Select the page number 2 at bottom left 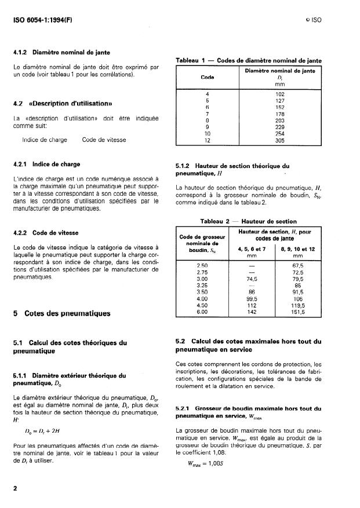[x=15, y=488]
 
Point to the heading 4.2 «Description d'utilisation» [x=63, y=104]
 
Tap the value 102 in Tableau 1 [x=280, y=94]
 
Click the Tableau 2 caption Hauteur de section [x=248, y=221]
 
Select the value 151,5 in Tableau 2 [x=298, y=312]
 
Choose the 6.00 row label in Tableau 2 [x=202, y=312]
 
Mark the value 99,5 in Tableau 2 [x=252, y=298]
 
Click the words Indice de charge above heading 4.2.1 [x=44, y=140]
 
